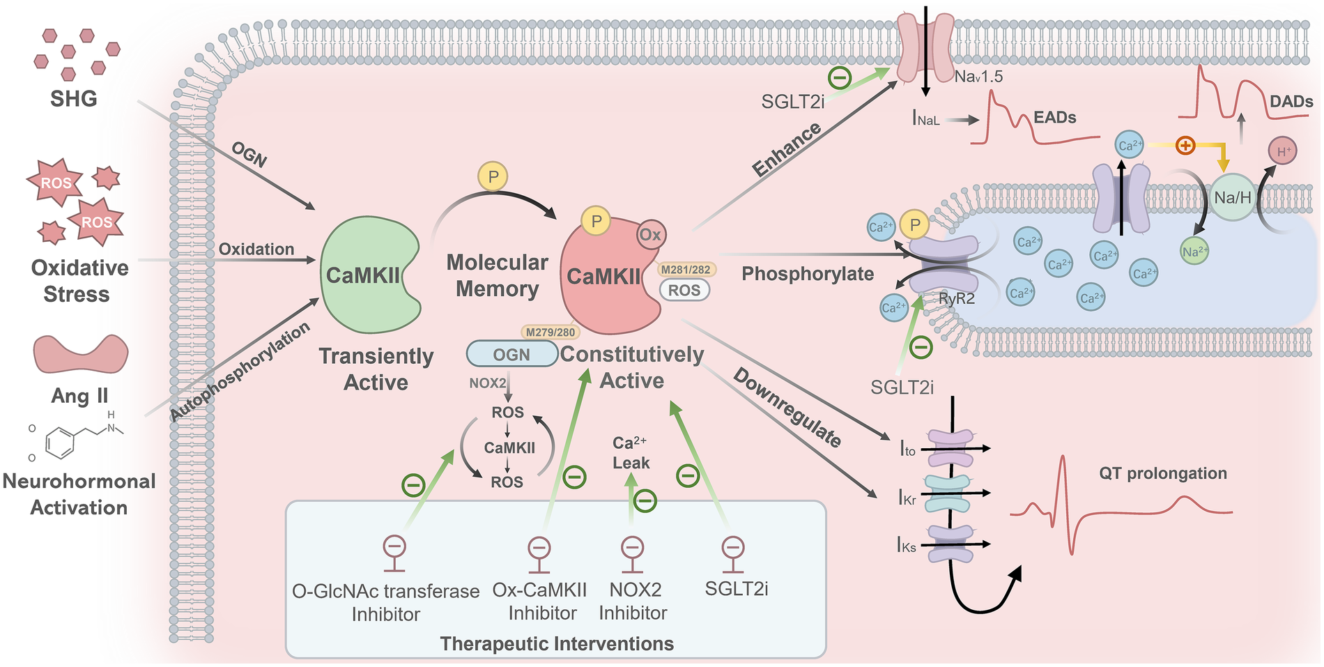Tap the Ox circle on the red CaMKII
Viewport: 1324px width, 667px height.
(650, 235)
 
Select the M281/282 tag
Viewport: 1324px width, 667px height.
(686, 270)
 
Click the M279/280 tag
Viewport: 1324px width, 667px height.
(550, 332)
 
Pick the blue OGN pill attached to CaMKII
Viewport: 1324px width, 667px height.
(511, 355)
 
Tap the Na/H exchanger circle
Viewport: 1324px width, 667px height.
(1232, 198)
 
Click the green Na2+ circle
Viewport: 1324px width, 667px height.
(1194, 252)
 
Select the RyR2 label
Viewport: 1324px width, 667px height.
(956, 299)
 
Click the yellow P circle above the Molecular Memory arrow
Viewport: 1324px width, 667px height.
(493, 176)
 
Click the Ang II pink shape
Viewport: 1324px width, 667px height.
(81, 353)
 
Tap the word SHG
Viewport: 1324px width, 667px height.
(73, 99)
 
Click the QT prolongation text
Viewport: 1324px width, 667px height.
(1162, 473)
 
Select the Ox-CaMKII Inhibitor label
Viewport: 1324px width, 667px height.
(541, 601)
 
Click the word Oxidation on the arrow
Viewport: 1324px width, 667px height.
(256, 249)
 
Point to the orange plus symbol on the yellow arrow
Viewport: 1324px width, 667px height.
(1185, 145)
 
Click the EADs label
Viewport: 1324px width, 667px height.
(1054, 117)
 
